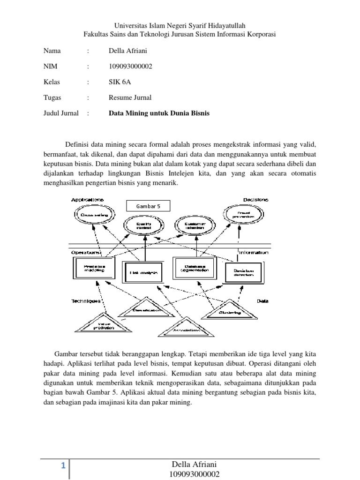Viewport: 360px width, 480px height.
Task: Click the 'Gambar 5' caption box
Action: (149, 206)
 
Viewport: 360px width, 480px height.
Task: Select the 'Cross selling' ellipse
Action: (93, 215)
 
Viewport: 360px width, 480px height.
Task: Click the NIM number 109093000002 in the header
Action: (130, 67)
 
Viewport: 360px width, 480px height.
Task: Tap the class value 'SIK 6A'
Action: (119, 82)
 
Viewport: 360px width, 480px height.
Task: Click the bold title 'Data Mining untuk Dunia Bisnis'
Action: (159, 113)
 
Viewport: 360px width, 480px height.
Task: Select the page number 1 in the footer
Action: (62, 466)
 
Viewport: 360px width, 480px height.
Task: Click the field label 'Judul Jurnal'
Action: (61, 113)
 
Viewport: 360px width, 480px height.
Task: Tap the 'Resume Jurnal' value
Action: (130, 98)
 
